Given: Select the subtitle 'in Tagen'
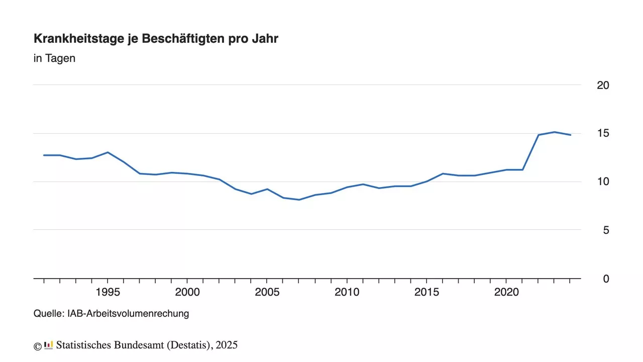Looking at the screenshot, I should coord(54,58).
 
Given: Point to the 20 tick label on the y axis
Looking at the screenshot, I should coord(603,85).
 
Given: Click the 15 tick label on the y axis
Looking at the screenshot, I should coord(603,133).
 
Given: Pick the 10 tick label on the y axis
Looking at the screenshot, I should coord(603,182).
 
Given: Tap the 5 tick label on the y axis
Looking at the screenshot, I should coord(606,230).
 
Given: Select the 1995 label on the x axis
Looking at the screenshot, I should coord(108,292).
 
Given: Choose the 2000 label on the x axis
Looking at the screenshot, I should coord(187,292).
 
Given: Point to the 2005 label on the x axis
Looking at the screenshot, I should coord(267,292).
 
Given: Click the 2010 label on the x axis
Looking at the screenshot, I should coord(347,292).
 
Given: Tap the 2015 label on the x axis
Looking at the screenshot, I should coord(426,292).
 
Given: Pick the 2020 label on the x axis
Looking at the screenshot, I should coord(506,292).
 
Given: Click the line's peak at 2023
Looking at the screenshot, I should coord(554,132).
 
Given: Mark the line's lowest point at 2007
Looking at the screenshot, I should coord(299,200).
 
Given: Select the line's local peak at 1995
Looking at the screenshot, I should coord(108,152).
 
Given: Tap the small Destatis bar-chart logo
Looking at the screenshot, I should coord(49,345).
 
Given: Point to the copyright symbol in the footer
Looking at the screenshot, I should coord(37,346).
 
